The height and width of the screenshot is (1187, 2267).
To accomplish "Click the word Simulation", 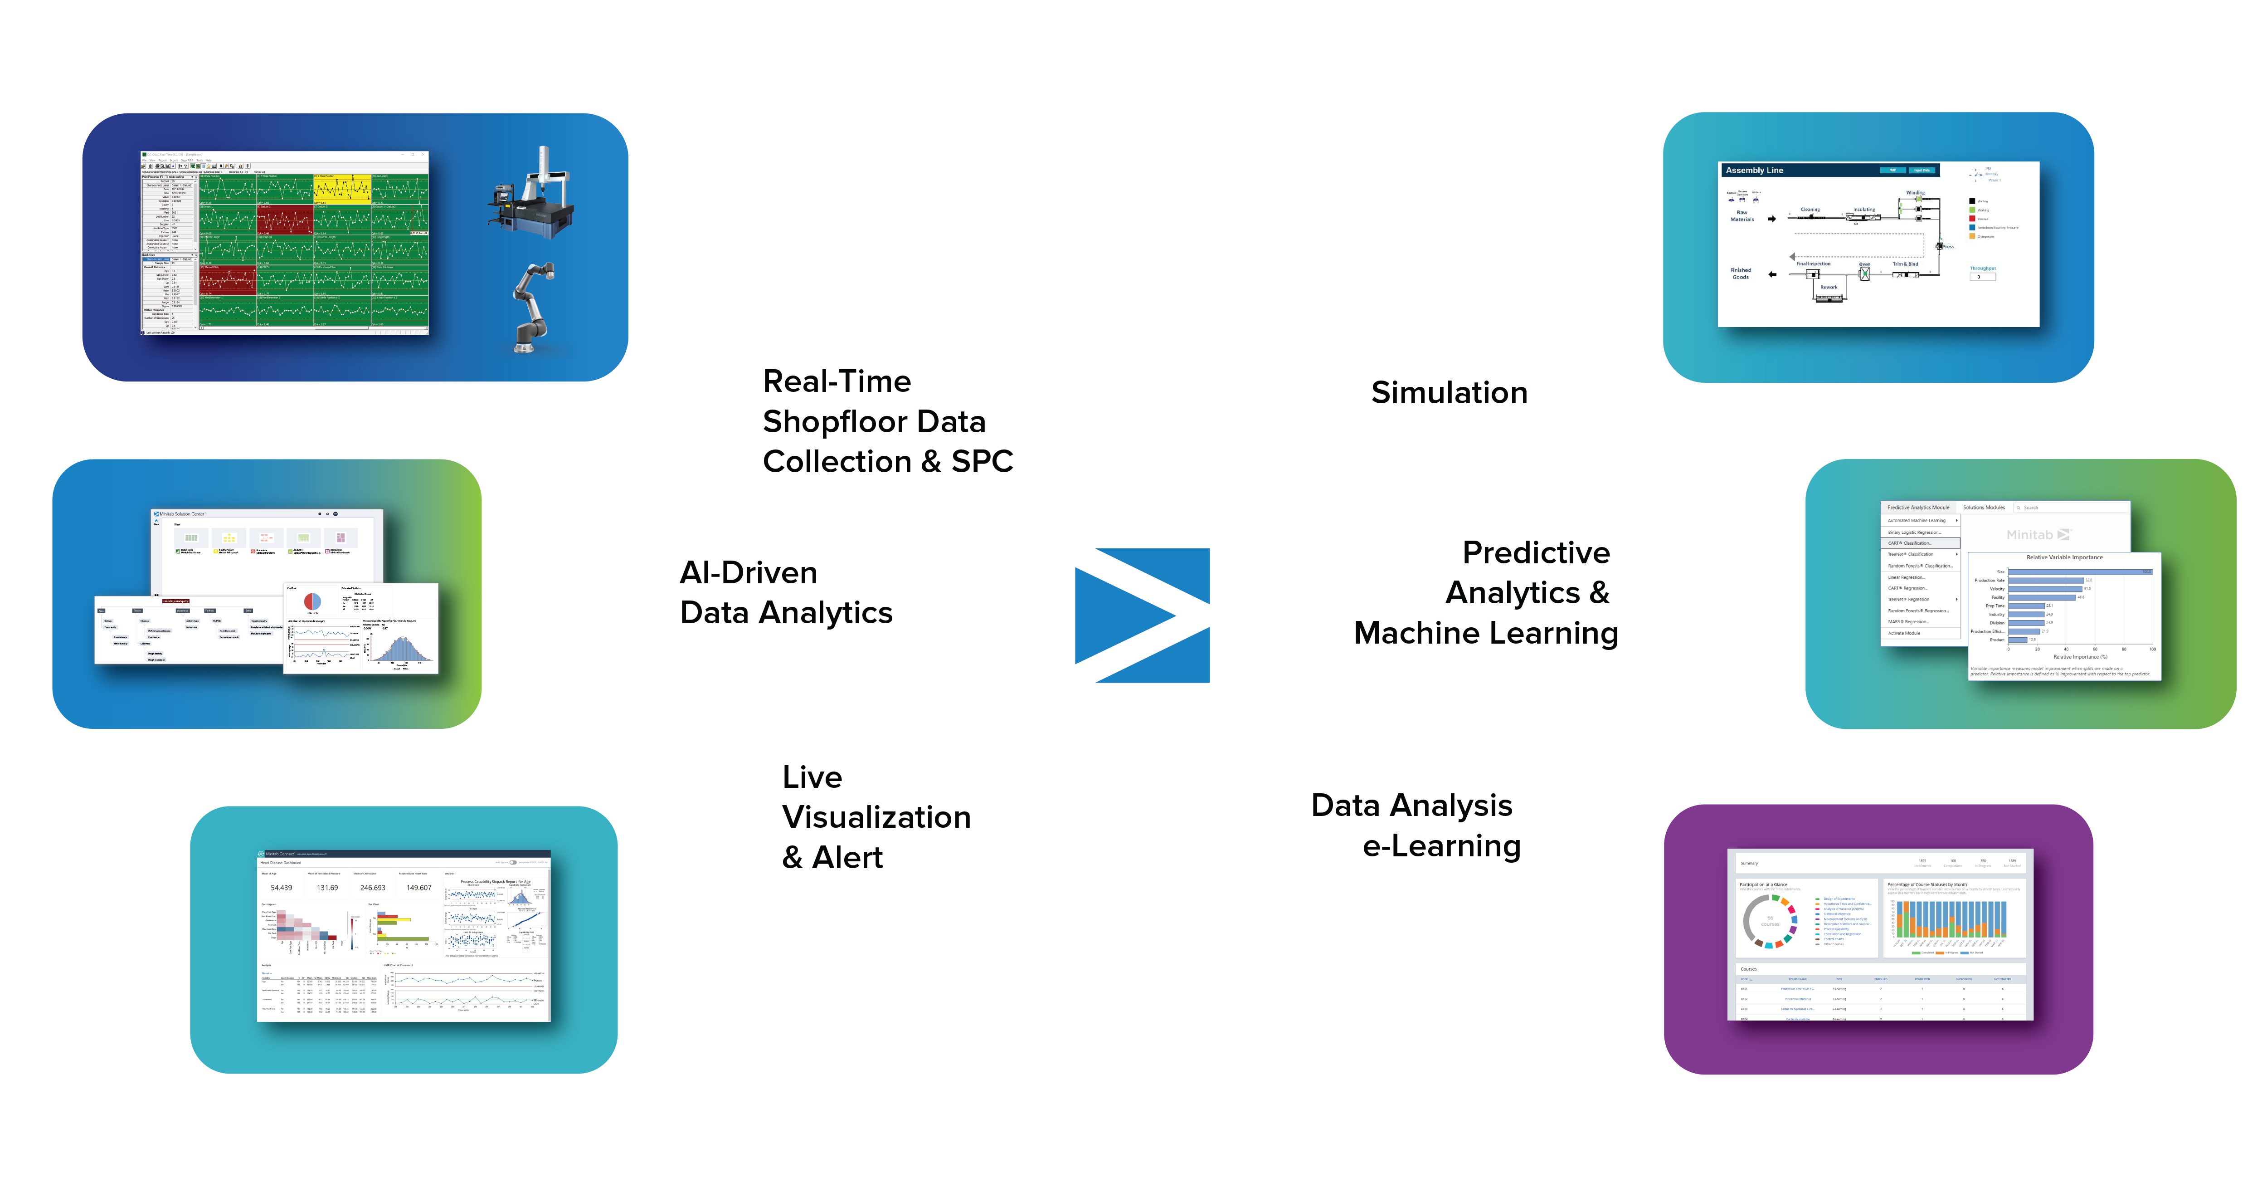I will click(x=1449, y=393).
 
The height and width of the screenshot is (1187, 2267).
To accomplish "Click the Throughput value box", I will click(x=1982, y=277).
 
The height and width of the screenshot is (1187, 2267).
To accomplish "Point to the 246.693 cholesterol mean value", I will click(x=372, y=888).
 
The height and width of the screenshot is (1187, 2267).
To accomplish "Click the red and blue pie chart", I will click(x=312, y=601).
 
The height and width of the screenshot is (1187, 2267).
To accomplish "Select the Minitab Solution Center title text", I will click(x=182, y=513).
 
